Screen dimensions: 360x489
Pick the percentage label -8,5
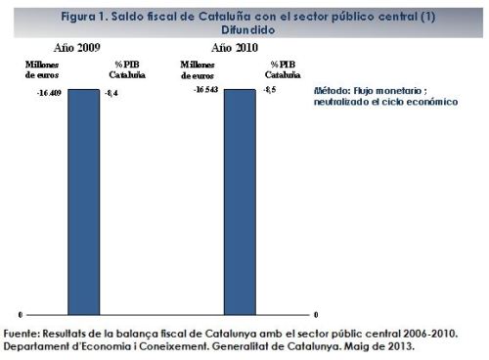tap(270, 90)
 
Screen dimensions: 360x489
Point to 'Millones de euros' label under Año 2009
tap(29, 69)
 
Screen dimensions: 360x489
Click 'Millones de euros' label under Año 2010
tap(197, 69)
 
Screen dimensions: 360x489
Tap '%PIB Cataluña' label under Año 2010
tap(284, 69)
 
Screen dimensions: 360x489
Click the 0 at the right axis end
tap(315, 314)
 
